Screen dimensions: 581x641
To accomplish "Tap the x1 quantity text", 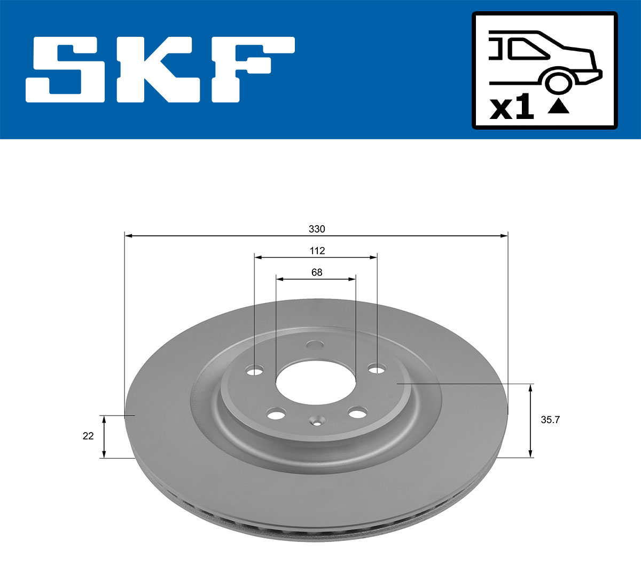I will click(512, 108).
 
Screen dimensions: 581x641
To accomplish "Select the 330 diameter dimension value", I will click(317, 229).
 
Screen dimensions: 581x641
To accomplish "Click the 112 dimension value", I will click(317, 251).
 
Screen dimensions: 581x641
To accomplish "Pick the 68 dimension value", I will click(317, 273).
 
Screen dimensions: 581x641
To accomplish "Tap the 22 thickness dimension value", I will click(88, 436).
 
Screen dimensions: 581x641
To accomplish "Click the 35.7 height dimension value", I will click(550, 420).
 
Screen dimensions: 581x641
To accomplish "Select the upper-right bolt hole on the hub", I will click(377, 369).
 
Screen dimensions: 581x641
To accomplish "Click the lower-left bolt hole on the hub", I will click(276, 413).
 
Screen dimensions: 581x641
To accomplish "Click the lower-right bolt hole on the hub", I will click(357, 412).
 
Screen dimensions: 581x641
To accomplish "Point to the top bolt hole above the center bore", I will click(316, 345).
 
